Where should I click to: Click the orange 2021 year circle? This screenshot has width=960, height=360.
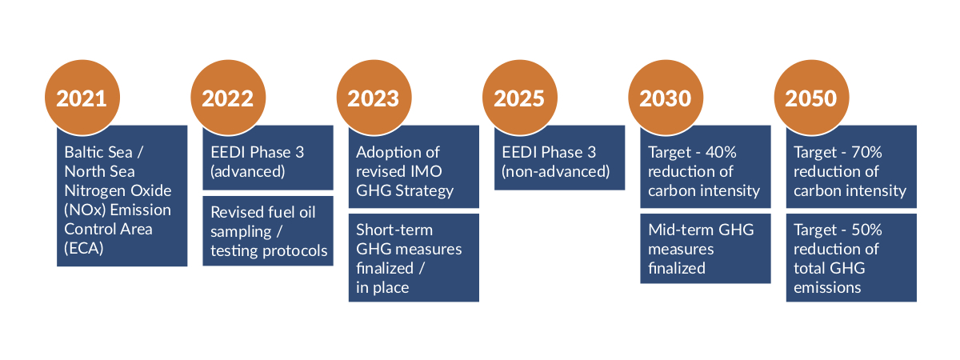[x=82, y=98]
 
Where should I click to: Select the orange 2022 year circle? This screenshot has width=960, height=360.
[x=228, y=98]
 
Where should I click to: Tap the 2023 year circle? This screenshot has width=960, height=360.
[x=374, y=98]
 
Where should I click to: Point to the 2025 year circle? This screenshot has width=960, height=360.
[x=520, y=98]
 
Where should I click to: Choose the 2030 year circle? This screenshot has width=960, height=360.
[x=666, y=98]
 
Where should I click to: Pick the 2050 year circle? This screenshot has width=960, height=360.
[x=811, y=98]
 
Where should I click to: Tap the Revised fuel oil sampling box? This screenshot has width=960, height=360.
[x=268, y=231]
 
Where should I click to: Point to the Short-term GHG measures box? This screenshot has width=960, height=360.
[x=414, y=258]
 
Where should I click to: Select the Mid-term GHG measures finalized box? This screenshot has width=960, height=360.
[x=706, y=249]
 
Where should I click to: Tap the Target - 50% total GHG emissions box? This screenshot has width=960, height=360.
[x=851, y=258]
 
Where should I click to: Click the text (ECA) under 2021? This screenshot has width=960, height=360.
[x=83, y=249]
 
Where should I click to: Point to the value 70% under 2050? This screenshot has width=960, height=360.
[x=866, y=152]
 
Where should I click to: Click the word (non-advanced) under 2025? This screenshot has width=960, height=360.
[x=555, y=172]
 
